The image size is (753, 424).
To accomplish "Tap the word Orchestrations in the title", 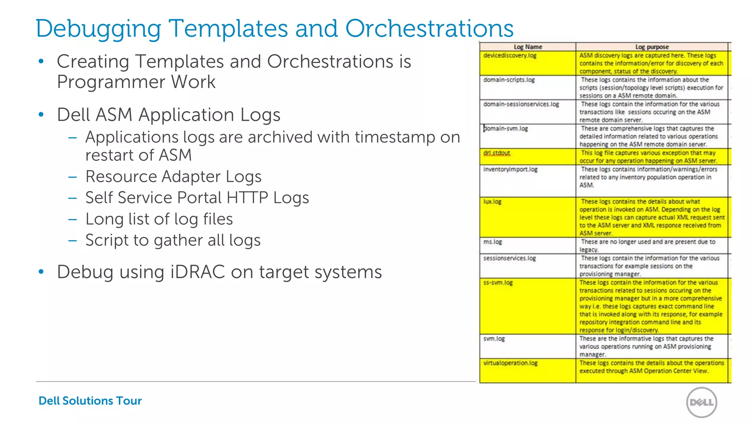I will click(429, 29).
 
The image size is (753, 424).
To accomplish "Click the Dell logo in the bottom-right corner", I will click(702, 402).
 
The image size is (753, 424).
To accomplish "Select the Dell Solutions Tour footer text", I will click(90, 400).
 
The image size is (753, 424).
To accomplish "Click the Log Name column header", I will click(528, 47).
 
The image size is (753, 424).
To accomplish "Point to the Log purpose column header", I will click(652, 47).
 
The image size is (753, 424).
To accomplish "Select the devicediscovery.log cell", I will click(510, 56).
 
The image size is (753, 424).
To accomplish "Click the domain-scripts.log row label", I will click(509, 80).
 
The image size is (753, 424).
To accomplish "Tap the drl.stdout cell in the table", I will click(496, 153).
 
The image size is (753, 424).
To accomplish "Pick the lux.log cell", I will click(492, 202).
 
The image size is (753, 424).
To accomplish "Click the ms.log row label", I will click(492, 242).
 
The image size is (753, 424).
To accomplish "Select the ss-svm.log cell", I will click(498, 283).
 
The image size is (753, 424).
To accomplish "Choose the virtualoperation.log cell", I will click(510, 363).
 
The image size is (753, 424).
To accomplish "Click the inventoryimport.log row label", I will click(510, 169).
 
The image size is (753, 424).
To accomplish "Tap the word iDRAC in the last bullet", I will click(198, 272).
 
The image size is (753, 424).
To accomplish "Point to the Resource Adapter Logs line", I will click(173, 177).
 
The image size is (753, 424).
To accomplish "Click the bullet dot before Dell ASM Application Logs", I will click(41, 114).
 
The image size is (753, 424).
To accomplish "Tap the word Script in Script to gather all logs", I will click(106, 240).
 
